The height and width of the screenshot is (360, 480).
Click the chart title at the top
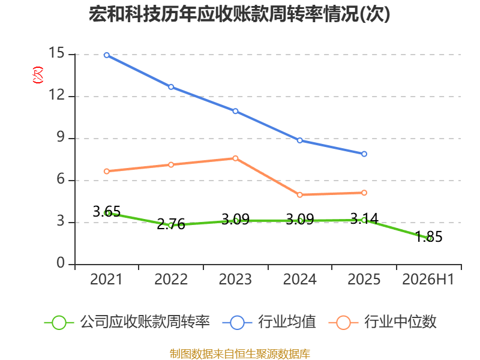coord(239,14)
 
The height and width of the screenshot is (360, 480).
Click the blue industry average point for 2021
coord(107,55)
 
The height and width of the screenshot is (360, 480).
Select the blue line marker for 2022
coord(171,87)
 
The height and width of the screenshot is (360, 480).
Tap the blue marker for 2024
coord(299,140)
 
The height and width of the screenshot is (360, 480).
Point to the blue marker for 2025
coord(364,154)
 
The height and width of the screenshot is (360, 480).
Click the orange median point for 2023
coord(235,158)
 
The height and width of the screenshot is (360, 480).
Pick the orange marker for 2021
coord(107,172)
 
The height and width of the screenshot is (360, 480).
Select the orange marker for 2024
coord(299,194)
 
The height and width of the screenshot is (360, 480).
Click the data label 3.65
coord(107,212)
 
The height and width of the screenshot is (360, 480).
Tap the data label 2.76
coord(171,224)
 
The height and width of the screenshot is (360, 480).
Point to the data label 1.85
coord(428,236)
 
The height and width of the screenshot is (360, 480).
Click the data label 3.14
coord(364,218)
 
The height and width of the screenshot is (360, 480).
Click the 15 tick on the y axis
coord(56,53)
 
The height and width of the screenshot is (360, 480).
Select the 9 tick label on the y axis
coord(61,137)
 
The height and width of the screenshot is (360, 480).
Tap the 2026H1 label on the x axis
coord(428,280)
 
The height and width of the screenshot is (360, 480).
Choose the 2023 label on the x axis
coord(235,280)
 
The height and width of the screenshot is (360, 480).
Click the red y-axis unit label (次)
coord(38,75)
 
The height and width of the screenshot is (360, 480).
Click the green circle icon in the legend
coord(59,323)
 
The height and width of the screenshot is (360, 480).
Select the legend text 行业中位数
coord(400,322)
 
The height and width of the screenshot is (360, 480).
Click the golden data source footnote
coord(240,354)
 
